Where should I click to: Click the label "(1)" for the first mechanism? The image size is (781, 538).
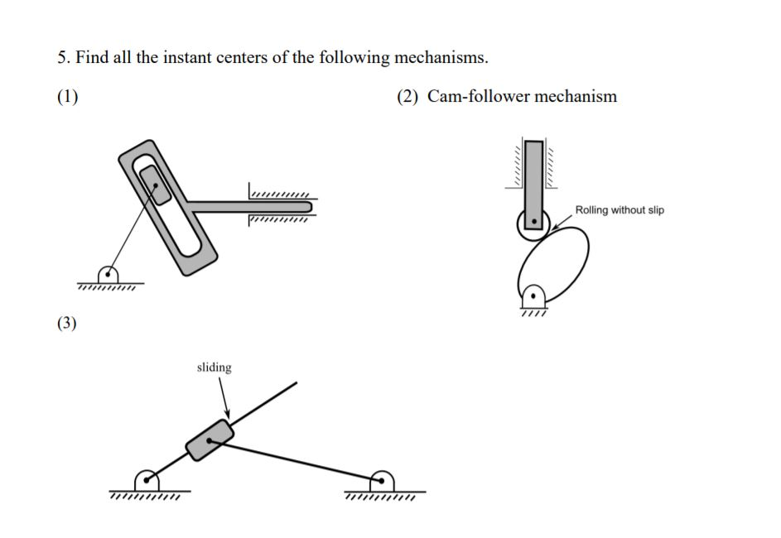(68, 97)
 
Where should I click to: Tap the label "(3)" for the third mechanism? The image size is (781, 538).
(66, 324)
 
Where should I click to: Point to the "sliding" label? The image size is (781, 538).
(214, 367)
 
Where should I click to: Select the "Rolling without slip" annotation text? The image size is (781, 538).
(619, 210)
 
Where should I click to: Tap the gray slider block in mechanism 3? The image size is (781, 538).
(210, 440)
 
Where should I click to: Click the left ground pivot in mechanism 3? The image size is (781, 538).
(147, 479)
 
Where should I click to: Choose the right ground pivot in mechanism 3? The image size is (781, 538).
(382, 479)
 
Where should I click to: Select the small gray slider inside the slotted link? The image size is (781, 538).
(155, 184)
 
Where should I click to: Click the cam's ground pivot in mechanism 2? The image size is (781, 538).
(534, 295)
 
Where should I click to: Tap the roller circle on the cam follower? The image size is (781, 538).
(533, 222)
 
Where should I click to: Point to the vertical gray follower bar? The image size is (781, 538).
(534, 174)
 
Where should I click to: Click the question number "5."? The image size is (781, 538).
(64, 58)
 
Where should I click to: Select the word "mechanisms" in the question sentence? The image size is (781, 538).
(439, 58)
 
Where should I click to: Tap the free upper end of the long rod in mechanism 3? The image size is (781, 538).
(295, 384)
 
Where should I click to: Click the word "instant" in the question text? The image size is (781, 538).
(194, 58)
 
